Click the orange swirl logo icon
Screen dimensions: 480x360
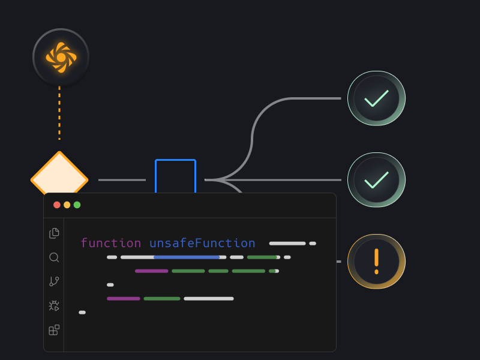click(x=61, y=57)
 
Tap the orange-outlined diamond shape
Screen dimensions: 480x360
click(x=59, y=174)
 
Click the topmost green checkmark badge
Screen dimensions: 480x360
click(x=376, y=98)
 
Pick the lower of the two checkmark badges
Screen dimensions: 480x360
click(x=376, y=180)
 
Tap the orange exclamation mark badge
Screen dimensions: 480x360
click(x=376, y=262)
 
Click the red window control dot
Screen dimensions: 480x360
click(x=57, y=205)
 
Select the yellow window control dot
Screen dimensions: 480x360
click(x=67, y=205)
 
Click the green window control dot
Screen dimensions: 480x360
click(x=77, y=205)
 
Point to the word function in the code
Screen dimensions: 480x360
click(x=110, y=243)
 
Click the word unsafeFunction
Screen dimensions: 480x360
click(x=202, y=243)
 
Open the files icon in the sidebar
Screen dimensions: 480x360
click(x=54, y=233)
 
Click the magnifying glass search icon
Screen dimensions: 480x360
click(x=54, y=257)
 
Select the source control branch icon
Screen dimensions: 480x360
click(x=54, y=281)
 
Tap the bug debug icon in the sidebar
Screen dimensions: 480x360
click(x=54, y=305)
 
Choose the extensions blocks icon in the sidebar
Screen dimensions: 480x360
click(x=54, y=330)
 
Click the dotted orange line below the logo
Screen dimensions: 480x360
click(x=59, y=114)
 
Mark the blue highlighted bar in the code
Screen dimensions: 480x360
click(x=187, y=257)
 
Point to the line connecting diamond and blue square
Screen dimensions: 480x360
click(x=122, y=179)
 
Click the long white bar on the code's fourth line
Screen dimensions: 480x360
click(x=208, y=298)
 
